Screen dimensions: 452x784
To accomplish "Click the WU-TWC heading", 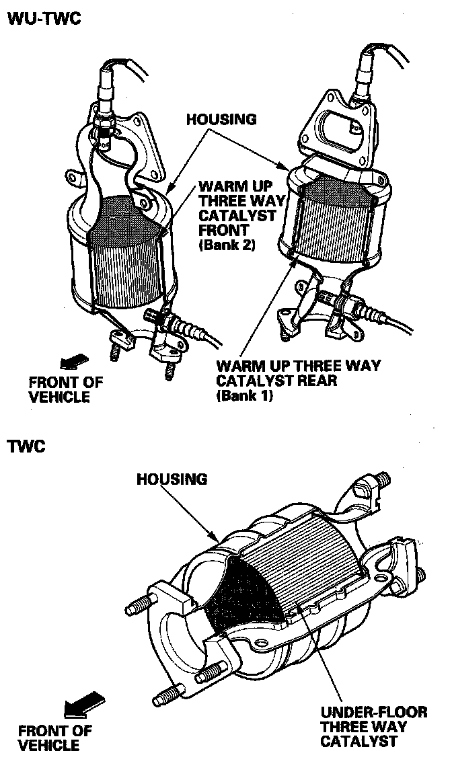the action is point(44,19).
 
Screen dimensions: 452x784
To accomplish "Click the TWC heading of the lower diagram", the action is point(26,446).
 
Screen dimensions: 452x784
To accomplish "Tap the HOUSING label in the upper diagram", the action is point(221,120).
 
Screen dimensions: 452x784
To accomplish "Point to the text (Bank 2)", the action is point(227,245).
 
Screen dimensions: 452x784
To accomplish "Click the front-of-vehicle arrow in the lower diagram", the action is point(83,706).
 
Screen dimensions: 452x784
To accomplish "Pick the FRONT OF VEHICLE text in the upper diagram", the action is point(66,389).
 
